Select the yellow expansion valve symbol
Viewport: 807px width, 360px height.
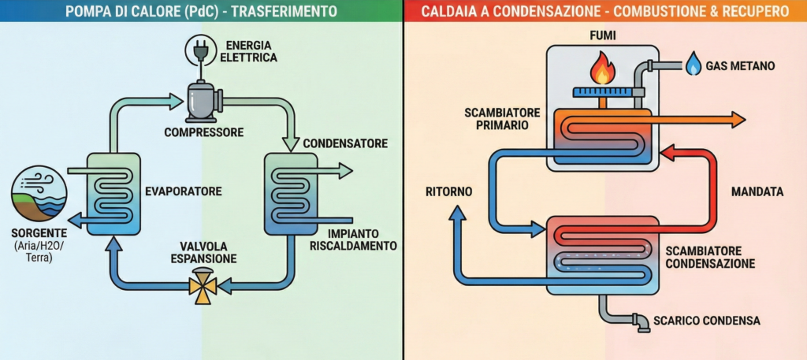203,288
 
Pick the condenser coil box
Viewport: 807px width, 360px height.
291,193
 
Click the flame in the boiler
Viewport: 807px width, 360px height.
603,69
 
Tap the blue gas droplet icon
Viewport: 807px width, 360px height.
694,65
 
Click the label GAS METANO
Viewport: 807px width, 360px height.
741,65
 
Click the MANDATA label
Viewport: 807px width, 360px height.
757,191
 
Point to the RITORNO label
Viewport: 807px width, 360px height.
448,191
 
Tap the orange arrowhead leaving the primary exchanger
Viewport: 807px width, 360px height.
737,119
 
